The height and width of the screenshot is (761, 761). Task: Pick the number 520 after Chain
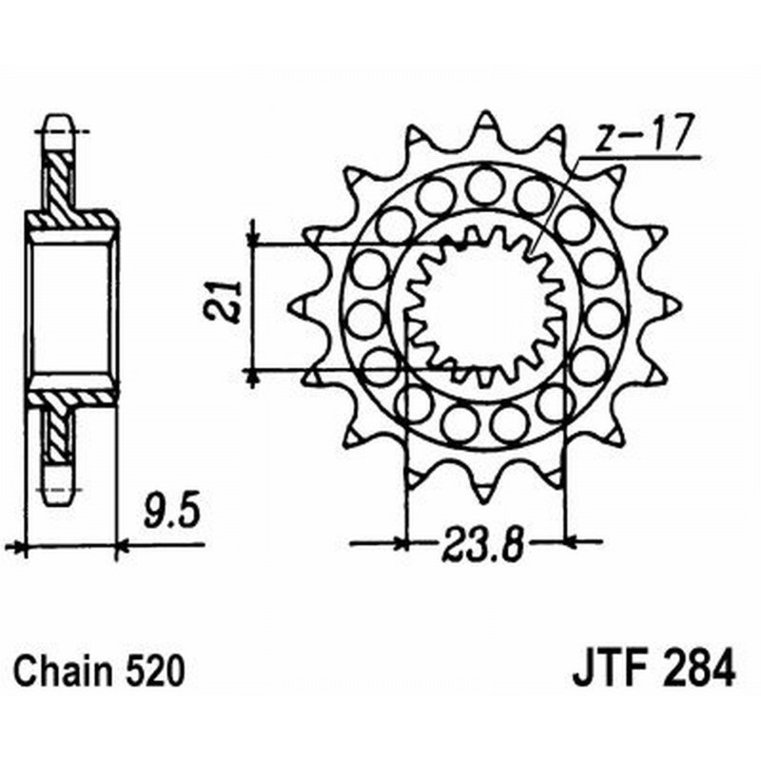tap(150, 673)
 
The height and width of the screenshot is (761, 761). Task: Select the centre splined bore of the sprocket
tap(486, 304)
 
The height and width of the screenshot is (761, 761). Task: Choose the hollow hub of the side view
tap(71, 304)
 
